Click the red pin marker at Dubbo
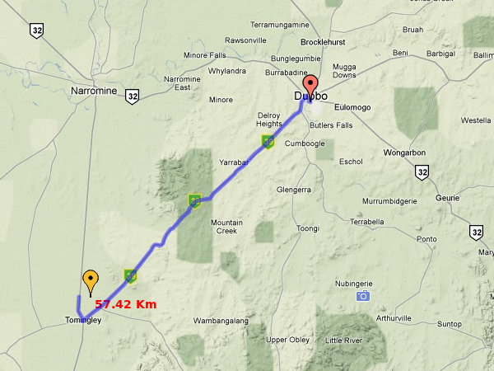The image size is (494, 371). point(310,87)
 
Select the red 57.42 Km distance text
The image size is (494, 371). point(125,304)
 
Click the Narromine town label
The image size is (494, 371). point(95,91)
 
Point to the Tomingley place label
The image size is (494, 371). point(82,320)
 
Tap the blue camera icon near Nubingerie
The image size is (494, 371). point(363,296)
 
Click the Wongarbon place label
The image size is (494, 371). point(412,153)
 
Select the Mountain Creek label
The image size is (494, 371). point(226,226)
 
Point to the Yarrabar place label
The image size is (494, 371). point(234,163)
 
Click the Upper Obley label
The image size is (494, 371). point(288,340)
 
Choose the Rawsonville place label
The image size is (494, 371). point(245,40)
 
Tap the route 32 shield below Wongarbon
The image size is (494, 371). point(422,171)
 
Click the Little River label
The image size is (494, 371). point(343,340)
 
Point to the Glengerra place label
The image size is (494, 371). point(294,190)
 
